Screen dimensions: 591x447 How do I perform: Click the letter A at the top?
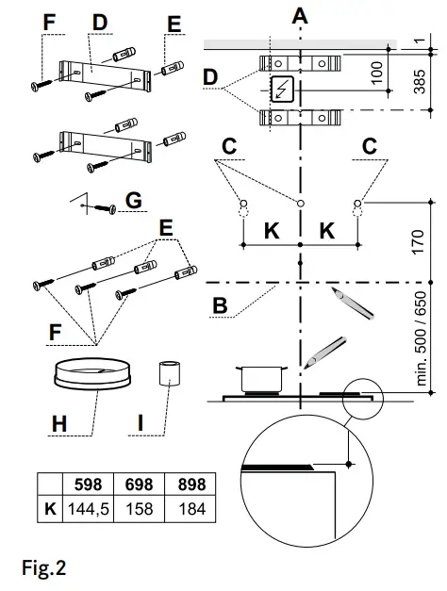(x=300, y=15)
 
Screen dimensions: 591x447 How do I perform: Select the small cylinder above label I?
(x=167, y=373)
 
